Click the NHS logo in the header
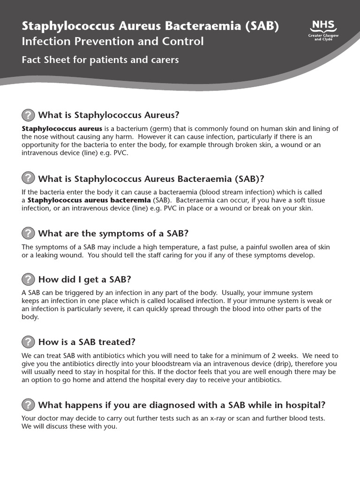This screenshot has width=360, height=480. click(321, 26)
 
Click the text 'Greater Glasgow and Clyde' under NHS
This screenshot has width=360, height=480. click(321, 37)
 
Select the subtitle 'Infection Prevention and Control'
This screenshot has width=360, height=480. click(112, 41)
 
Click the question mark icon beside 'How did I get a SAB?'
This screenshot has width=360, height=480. click(28, 279)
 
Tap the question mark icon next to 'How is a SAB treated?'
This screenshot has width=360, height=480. click(28, 342)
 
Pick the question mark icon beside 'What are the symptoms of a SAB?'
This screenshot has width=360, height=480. click(28, 233)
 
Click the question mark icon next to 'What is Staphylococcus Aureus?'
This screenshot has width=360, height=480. click(28, 115)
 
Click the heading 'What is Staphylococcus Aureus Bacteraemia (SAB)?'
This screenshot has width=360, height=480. click(151, 179)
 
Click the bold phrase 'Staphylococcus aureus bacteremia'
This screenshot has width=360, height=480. click(89, 200)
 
